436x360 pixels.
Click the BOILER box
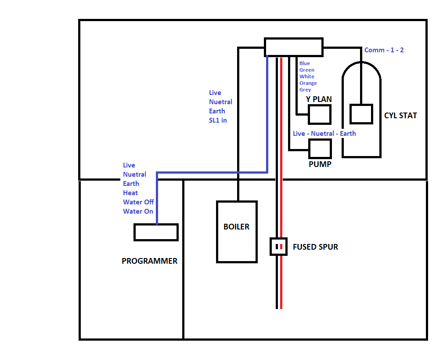tap(237, 232)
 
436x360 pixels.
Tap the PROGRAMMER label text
tap(149, 261)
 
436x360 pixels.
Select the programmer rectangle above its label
tap(156, 232)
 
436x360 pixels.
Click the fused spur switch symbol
tap(278, 247)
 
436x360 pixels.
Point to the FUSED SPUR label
tap(315, 247)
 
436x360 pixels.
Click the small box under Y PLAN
tap(319, 115)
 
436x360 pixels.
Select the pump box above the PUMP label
tap(320, 149)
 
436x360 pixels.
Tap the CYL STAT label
tap(400, 116)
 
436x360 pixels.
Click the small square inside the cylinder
tap(361, 114)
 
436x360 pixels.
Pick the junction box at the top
tap(294, 47)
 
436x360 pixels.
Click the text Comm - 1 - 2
tap(384, 50)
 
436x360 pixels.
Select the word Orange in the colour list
tap(308, 83)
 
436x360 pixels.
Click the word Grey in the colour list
tap(305, 90)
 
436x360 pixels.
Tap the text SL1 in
tap(218, 120)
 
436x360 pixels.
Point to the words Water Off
tap(138, 202)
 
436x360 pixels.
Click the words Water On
tap(138, 211)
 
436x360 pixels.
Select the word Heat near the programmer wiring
tap(130, 193)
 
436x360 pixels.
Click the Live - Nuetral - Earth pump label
tap(324, 133)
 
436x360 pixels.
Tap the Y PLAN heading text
tap(319, 99)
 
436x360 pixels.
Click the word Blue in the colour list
tap(305, 63)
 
